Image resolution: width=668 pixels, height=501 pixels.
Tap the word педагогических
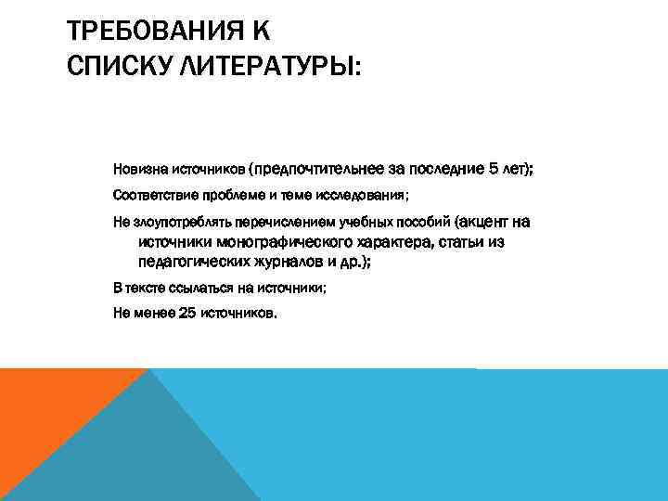(190, 263)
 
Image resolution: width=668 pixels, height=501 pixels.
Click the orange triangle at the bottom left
(46, 408)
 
